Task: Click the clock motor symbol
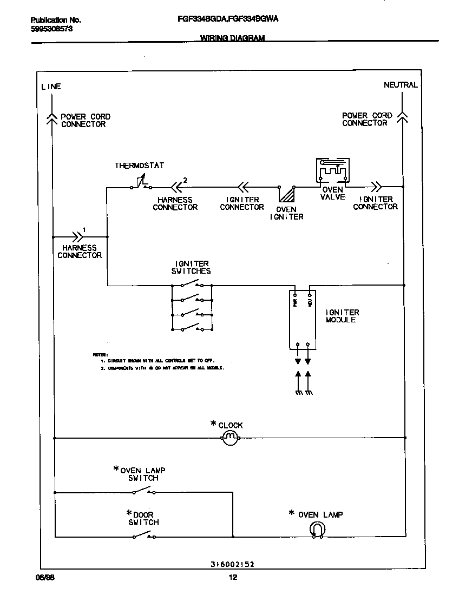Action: coord(229,437)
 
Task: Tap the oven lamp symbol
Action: coord(317,530)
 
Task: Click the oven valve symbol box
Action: coord(332,171)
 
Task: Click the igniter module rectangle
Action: coord(302,319)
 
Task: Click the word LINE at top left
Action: coord(51,87)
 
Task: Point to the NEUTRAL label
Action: coord(401,85)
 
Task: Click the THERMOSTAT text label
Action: coord(139,166)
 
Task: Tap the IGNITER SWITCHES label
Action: coord(191,267)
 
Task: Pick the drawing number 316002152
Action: coord(232,564)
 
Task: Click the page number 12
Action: coord(233,577)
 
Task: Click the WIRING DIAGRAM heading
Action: coord(232,38)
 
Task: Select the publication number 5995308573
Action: coord(51,29)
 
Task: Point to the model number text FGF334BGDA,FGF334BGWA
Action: coord(228,19)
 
